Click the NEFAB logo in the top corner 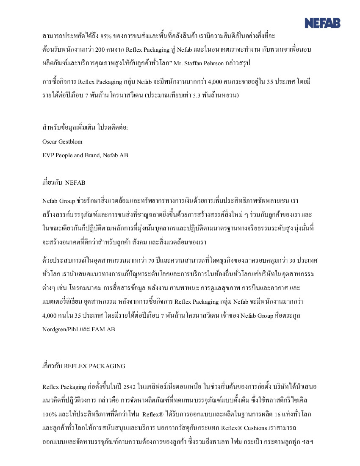click(322, 22)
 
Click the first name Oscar click(50, 141)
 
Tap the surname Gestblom click(71, 141)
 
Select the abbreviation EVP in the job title click(48, 155)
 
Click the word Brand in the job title click(94, 155)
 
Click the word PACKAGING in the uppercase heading click(106, 366)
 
